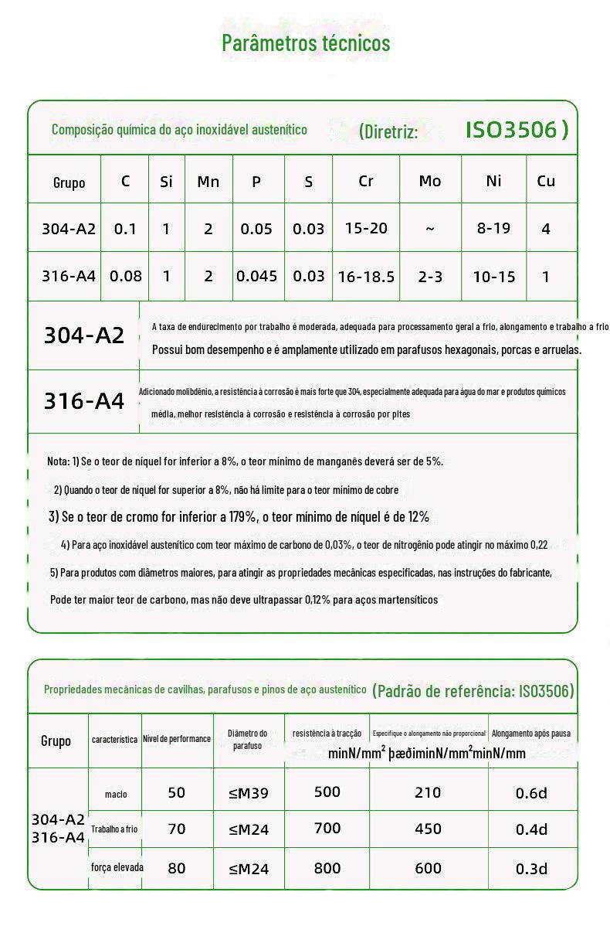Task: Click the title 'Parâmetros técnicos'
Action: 306,43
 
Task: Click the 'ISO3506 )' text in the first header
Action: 517,129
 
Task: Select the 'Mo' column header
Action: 430,181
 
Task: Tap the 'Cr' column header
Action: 366,181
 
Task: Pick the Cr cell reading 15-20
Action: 367,228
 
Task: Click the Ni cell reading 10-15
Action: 493,276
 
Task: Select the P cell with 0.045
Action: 257,275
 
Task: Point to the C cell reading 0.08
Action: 126,275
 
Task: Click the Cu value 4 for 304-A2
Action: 546,229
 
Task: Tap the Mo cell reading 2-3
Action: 430,276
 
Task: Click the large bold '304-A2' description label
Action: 84,335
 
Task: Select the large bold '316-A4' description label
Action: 84,401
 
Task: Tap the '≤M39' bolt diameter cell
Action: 249,793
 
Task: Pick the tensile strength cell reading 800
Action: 327,867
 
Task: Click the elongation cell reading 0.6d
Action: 531,793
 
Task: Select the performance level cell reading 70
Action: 177,829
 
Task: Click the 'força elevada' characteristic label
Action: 117,867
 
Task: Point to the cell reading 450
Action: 428,829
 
